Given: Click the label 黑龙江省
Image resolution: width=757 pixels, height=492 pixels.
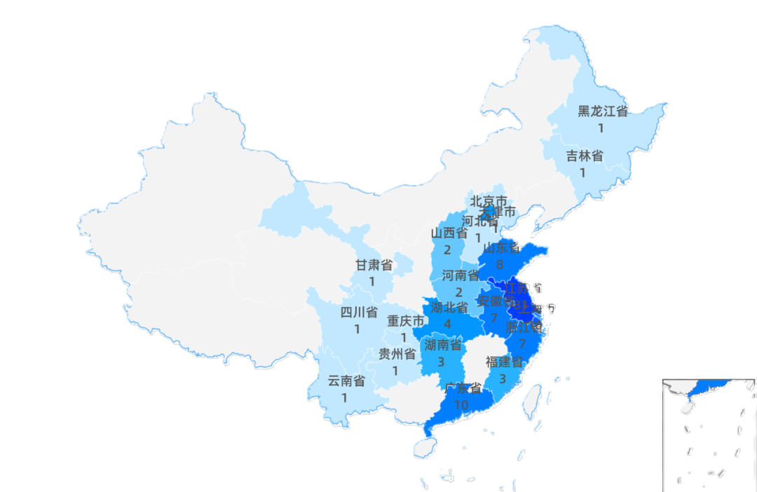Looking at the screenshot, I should [x=602, y=111].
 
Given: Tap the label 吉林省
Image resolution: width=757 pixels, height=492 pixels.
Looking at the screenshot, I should [x=585, y=156].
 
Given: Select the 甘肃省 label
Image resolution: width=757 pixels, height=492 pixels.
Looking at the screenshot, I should [x=374, y=265].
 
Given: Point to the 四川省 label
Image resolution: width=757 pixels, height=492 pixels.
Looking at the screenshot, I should [x=359, y=313].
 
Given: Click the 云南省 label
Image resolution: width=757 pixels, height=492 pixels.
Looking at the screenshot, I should [x=346, y=381].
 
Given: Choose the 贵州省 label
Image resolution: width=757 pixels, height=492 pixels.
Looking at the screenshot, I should [x=397, y=354].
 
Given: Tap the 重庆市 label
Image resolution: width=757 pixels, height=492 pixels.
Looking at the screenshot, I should [x=406, y=321].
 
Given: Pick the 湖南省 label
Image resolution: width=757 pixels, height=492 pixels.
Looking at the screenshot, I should [x=443, y=345].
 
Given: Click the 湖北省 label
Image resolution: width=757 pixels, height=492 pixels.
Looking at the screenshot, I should [x=449, y=308].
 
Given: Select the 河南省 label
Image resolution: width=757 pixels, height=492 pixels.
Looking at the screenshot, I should [x=461, y=275].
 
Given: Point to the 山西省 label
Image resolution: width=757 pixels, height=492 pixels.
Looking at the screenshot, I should [x=449, y=233].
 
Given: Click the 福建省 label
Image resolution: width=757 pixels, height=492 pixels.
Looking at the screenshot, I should [x=504, y=362].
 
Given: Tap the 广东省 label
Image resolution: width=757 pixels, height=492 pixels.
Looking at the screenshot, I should [x=463, y=388].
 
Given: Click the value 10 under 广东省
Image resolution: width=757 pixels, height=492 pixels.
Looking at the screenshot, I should [x=461, y=405].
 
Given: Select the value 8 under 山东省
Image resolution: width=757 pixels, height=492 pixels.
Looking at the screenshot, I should [x=500, y=264].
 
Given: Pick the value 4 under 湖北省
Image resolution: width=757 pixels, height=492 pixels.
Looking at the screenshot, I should [x=447, y=324].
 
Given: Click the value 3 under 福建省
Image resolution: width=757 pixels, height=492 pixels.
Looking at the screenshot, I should [x=503, y=379].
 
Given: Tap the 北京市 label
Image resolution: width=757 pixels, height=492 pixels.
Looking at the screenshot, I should [x=488, y=201].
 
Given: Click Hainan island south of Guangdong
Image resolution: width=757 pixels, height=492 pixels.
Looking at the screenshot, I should [x=424, y=448].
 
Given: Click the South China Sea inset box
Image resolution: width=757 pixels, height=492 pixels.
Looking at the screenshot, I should [x=708, y=435].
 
